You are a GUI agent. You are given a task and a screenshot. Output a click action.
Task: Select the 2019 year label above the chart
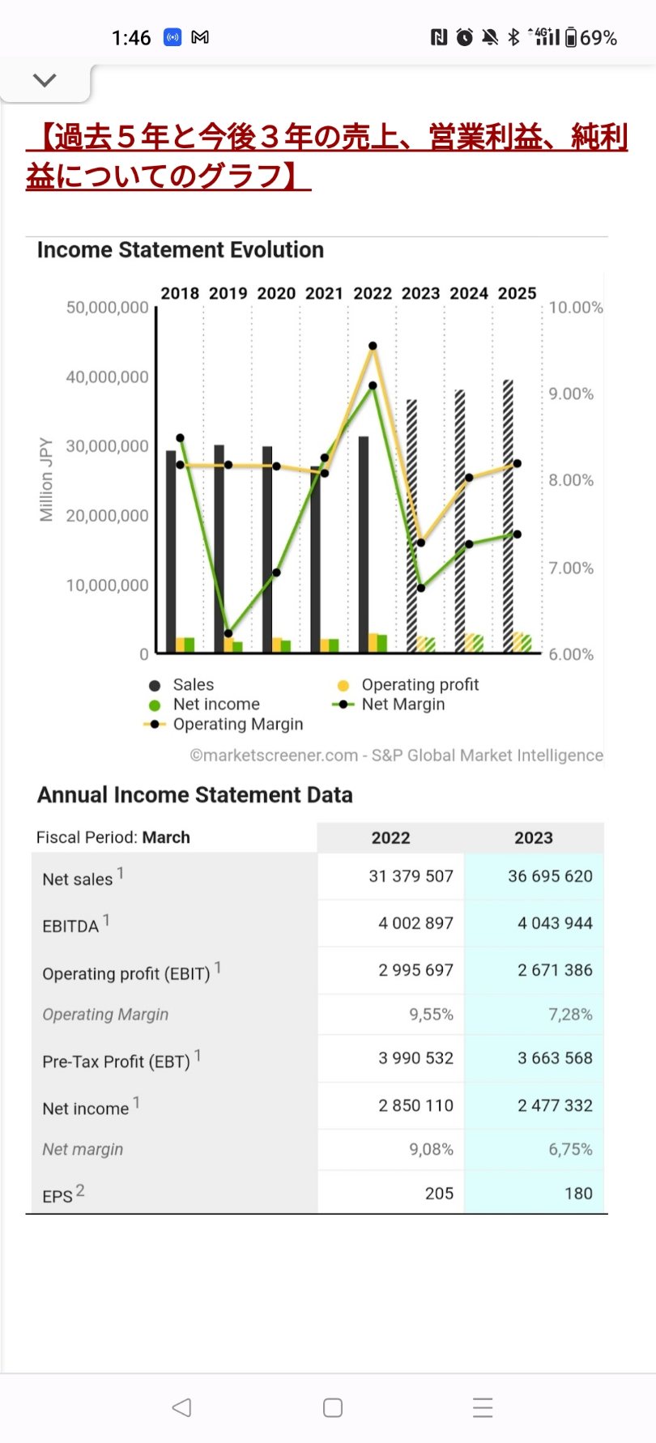coord(228,293)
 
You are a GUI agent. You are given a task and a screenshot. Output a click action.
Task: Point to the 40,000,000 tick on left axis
coord(107,377)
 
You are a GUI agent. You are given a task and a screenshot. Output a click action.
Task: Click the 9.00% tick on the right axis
coord(571,394)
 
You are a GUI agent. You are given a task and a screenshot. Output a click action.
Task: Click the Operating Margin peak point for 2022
coord(373,346)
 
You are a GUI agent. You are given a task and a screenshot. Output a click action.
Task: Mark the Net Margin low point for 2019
coord(228,633)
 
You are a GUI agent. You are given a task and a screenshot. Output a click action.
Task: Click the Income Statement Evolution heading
coord(181,250)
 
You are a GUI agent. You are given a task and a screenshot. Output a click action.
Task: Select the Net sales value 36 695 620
coord(550,876)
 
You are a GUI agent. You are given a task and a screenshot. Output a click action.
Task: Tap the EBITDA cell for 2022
coord(415,923)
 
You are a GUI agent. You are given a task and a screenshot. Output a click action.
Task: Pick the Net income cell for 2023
coord(555,1105)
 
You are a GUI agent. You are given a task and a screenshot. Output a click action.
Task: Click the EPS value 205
coord(439,1194)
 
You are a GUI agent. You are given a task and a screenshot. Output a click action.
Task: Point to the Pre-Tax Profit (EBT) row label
coord(117,1062)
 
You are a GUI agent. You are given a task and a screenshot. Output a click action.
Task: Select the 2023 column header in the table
coord(533,838)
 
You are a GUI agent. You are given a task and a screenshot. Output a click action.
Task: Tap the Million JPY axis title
coord(46,479)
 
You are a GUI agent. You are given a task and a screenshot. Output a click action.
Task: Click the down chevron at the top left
coord(45,80)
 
